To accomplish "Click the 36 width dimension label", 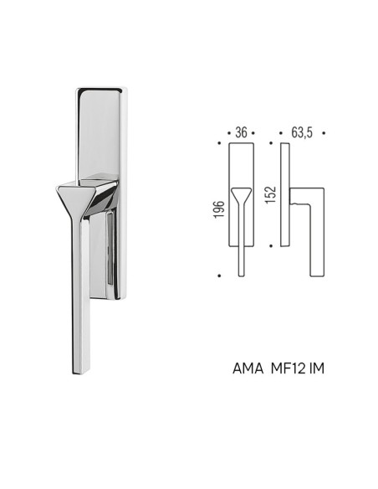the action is (x=242, y=133).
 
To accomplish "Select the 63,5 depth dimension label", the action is (x=302, y=133).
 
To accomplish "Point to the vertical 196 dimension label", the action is (x=219, y=209).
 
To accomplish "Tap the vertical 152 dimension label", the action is (x=271, y=195).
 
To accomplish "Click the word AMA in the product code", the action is (x=248, y=368).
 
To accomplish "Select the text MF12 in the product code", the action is (x=288, y=368).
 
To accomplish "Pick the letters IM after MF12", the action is (x=317, y=368).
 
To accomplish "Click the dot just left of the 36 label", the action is (x=229, y=133).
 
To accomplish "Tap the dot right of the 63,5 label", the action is (x=324, y=133).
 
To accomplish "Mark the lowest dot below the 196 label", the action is (x=219, y=275).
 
